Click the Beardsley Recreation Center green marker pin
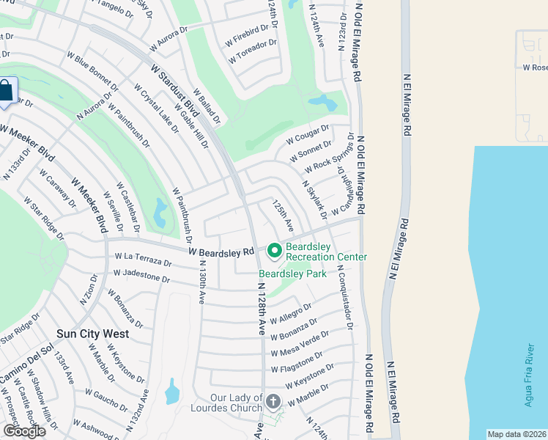275,251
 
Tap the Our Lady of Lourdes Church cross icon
273,401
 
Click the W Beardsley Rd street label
221,251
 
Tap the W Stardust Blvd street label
175,91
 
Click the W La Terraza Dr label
143,259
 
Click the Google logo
24,431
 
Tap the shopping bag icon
5,92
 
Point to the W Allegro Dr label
291,313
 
